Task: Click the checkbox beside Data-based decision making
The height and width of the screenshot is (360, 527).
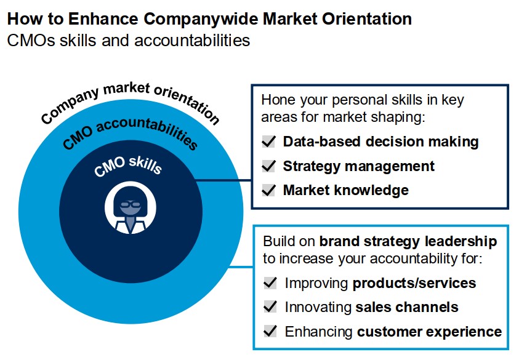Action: click(269, 142)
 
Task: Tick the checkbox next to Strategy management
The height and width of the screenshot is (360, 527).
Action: click(269, 166)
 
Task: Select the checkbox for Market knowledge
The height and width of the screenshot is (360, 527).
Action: click(269, 190)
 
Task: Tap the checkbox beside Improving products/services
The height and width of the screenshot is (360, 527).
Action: click(270, 282)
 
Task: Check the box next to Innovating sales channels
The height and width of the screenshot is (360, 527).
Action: click(270, 307)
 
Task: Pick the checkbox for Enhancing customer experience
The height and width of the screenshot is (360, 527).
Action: click(270, 331)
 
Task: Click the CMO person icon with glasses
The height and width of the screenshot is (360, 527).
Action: click(131, 207)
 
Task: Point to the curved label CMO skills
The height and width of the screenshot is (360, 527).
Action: click(128, 165)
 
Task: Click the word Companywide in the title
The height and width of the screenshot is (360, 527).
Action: click(200, 19)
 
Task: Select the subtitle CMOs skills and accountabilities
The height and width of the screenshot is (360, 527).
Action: click(129, 41)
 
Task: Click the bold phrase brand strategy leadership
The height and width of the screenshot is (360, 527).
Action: click(408, 241)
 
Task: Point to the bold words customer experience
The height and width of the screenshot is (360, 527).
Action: click(429, 332)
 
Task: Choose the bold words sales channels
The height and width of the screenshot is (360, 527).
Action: click(407, 307)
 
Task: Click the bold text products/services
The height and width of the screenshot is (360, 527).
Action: click(414, 284)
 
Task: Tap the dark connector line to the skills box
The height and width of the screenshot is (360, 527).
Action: click(224, 181)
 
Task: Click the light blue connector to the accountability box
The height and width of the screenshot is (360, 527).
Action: click(241, 267)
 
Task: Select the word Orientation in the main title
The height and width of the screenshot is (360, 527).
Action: click(367, 19)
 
